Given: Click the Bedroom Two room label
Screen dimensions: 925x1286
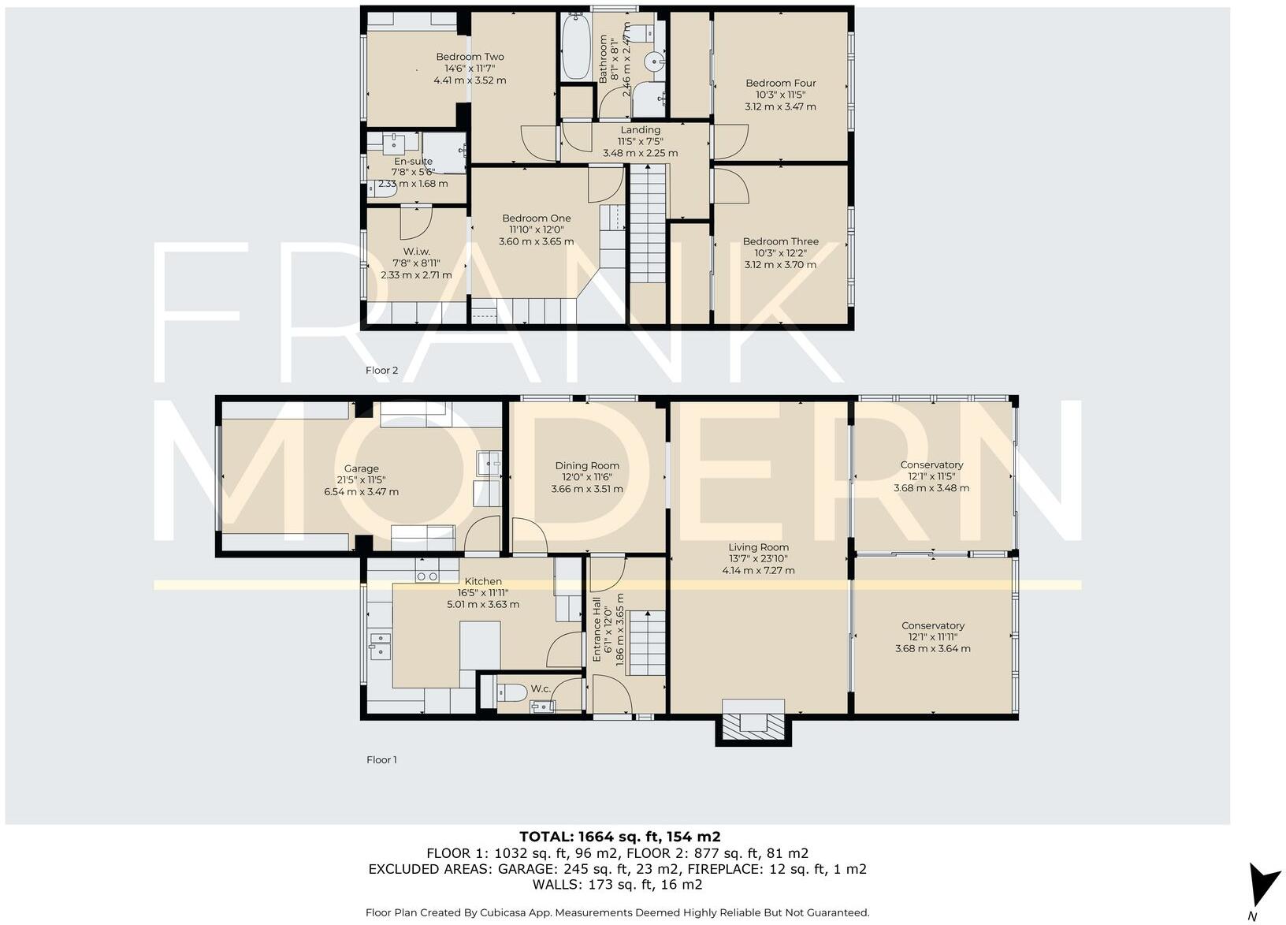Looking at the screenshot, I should pyautogui.click(x=470, y=57).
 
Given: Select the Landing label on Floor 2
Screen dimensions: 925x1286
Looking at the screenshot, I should pyautogui.click(x=640, y=130).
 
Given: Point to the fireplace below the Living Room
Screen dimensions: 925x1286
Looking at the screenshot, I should pyautogui.click(x=753, y=724).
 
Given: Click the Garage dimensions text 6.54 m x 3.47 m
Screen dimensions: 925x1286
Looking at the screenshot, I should pyautogui.click(x=361, y=492).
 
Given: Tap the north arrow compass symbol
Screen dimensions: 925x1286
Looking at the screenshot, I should pyautogui.click(x=1263, y=886).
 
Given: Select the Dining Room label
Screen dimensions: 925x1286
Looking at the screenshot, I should pyautogui.click(x=586, y=466).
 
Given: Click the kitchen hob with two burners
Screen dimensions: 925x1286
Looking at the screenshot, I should pyautogui.click(x=426, y=576).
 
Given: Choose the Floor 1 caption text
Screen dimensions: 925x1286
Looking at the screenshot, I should pyautogui.click(x=381, y=760).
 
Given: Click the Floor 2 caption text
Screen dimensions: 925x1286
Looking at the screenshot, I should pyautogui.click(x=381, y=371).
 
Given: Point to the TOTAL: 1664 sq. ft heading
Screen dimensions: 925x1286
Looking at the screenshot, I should pyautogui.click(x=619, y=837).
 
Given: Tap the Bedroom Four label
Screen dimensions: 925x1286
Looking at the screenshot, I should pyautogui.click(x=780, y=83).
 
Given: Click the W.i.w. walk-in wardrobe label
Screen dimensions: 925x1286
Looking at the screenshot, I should pyautogui.click(x=416, y=252).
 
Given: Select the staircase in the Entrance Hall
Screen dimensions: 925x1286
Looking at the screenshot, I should pyautogui.click(x=647, y=642).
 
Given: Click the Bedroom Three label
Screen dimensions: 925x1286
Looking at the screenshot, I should pyautogui.click(x=780, y=242).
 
